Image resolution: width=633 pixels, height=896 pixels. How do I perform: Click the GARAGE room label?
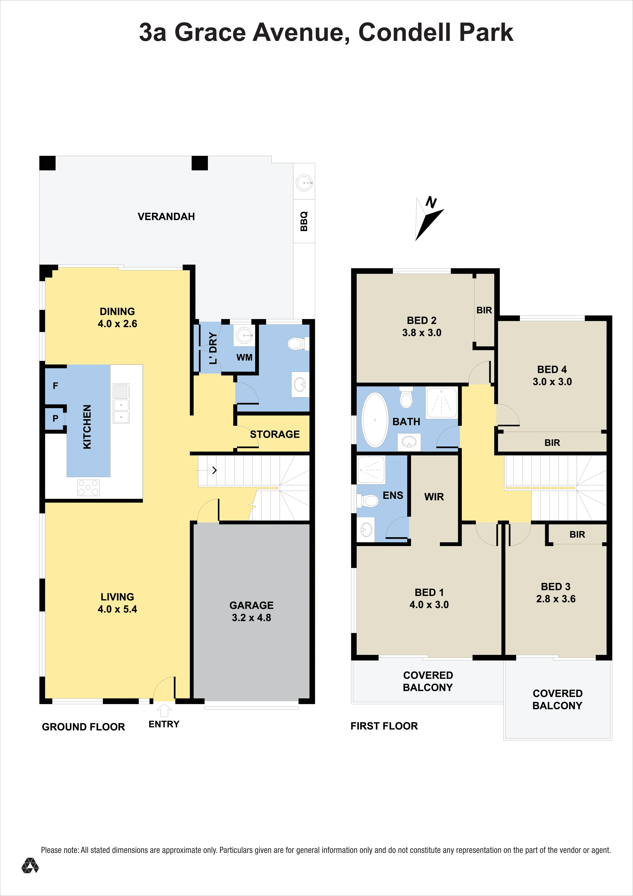coord(251,605)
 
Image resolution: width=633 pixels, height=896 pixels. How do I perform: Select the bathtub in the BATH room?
coord(375,419)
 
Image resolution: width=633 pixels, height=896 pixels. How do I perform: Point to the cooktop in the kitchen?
coord(89,487)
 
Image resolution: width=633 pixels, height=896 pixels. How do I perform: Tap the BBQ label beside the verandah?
coord(304,221)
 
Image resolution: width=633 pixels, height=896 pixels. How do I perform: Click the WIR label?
coord(434,497)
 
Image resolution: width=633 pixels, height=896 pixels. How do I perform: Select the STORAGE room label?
coord(275,434)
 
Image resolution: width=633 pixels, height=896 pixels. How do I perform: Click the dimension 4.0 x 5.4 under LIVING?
coord(117,609)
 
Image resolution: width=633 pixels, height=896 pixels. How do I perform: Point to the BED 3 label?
coord(555,586)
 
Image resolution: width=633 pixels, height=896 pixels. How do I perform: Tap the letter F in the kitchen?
coord(55,386)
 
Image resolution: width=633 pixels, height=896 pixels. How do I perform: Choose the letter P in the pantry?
coord(55,418)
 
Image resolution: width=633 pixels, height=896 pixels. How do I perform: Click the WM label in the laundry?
coord(244,358)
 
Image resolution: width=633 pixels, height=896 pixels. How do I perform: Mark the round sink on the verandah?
coord(304,183)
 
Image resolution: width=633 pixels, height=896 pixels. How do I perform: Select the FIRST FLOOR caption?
coord(384,726)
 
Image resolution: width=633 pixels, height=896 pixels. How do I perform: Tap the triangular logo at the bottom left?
coord(30,865)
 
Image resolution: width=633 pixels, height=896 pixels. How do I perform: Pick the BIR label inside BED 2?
coord(484,310)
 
